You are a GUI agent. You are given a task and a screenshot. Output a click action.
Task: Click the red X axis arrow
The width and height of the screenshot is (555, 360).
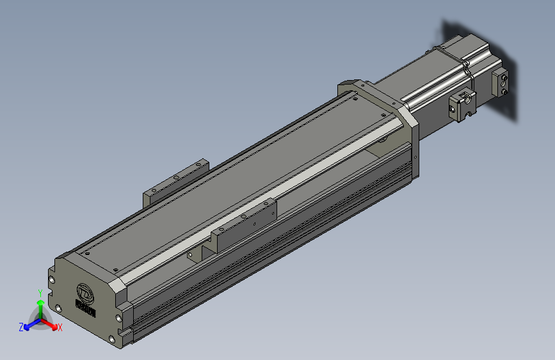coord(51,322)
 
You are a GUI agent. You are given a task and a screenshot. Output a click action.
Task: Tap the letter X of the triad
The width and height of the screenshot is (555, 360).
coord(60,327)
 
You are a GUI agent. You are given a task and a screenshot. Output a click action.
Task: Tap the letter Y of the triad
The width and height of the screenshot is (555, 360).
coord(40,292)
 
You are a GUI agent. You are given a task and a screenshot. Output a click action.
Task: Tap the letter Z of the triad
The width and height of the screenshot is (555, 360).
coord(20,327)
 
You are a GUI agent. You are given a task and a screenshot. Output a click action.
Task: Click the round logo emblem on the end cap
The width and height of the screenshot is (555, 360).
coord(84,292)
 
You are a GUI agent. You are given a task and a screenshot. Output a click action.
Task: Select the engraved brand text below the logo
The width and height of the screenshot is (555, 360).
coord(85,309)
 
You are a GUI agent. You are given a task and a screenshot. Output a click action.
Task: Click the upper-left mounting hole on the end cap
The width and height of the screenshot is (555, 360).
coord(52,279)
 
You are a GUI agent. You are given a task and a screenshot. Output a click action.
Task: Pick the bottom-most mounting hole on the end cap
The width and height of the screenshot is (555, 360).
coord(113,338)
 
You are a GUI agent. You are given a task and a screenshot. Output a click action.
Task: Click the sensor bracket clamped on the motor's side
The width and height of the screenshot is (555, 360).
coord(462,105)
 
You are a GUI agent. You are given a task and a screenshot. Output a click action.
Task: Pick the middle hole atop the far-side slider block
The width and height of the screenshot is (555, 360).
coord(177,176)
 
